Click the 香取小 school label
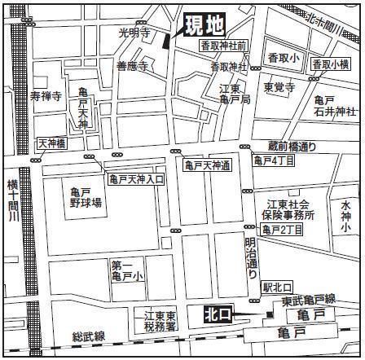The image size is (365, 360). click(x=283, y=59)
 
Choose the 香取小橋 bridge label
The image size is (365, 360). click(x=333, y=64)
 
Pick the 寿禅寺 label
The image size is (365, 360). click(x=46, y=96)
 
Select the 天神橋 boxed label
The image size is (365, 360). click(x=51, y=143)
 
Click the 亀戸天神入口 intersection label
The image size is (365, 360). click(x=136, y=178)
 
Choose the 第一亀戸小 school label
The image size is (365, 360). click(x=127, y=271)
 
